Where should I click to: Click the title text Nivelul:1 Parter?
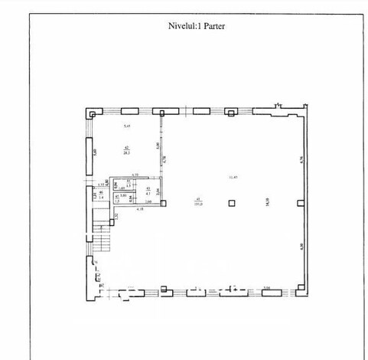184,25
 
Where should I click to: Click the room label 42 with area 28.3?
126,150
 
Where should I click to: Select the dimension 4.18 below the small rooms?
139,209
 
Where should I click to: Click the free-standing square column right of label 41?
233,204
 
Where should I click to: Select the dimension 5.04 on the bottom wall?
267,287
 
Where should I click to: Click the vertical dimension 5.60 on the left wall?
95,152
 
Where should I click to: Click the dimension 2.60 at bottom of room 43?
148,201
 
